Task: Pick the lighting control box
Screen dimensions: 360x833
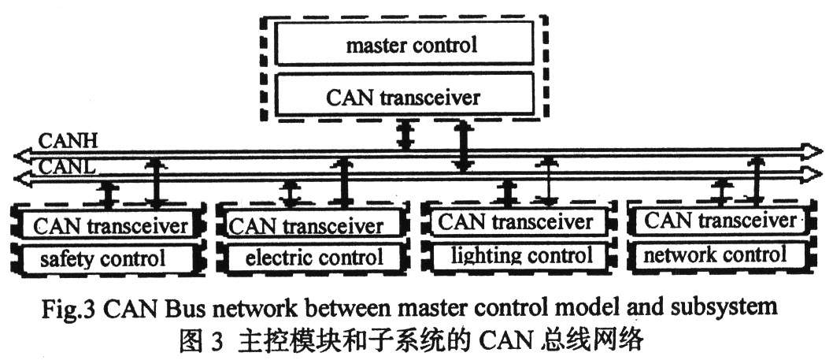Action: pyautogui.click(x=516, y=254)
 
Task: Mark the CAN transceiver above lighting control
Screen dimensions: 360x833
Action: pyautogui.click(x=516, y=221)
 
